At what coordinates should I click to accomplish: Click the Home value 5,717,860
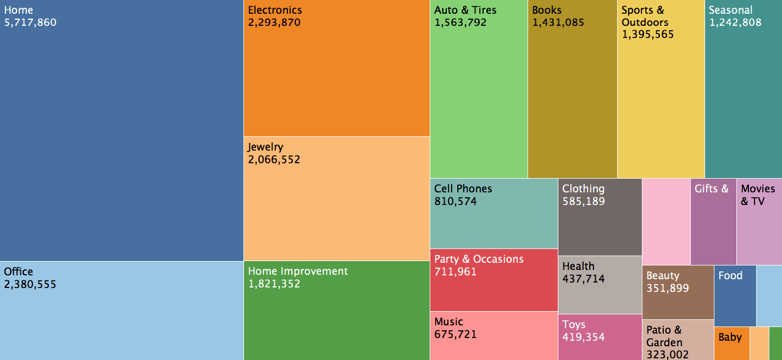(30, 23)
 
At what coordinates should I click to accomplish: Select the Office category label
(19, 272)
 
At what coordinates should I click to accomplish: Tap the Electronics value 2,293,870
(274, 23)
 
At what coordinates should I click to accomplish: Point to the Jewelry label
(265, 147)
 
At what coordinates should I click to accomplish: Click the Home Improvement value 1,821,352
(274, 284)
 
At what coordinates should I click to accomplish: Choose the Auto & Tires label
(465, 10)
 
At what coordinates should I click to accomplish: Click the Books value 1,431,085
(558, 23)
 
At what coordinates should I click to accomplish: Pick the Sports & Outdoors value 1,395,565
(648, 35)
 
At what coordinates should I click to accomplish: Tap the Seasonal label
(730, 10)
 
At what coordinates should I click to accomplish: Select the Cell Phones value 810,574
(456, 202)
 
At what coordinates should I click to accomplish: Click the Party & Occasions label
(479, 259)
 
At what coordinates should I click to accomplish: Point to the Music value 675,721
(456, 335)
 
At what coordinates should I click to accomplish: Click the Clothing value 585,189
(584, 202)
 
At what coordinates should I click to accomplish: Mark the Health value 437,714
(584, 279)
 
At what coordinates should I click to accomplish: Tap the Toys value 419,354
(584, 337)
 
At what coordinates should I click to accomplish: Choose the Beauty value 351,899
(668, 289)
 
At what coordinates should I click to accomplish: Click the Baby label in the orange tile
(730, 337)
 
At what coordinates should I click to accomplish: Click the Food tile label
(730, 276)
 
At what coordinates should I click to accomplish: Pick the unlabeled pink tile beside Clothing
(666, 221)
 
